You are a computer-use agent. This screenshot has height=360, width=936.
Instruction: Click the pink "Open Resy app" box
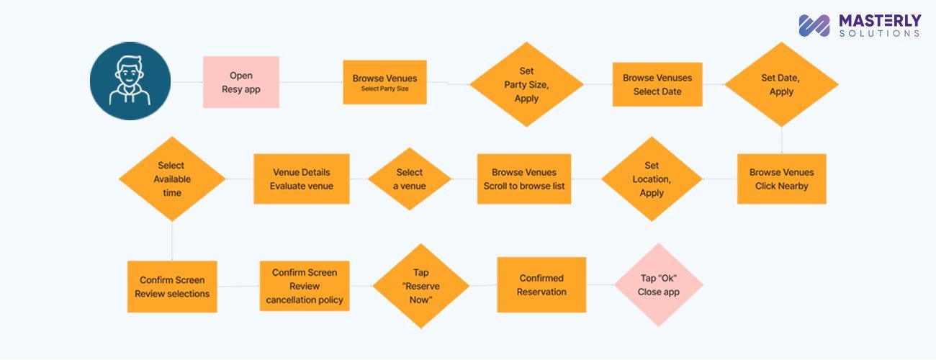(x=240, y=82)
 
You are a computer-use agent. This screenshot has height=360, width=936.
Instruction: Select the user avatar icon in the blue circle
(x=130, y=80)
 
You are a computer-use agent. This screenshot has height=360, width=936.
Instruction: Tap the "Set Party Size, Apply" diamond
(x=526, y=85)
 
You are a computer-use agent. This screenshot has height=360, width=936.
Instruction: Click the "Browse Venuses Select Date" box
(x=657, y=85)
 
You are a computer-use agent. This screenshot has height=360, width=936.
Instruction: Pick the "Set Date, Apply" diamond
(x=781, y=85)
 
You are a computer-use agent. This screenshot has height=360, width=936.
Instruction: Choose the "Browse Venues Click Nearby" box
(x=781, y=179)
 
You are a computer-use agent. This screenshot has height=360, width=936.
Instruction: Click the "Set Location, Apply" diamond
(x=652, y=179)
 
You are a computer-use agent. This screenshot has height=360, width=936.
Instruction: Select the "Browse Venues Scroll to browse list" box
(x=523, y=179)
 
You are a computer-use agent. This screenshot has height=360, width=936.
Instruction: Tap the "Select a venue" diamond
(x=409, y=179)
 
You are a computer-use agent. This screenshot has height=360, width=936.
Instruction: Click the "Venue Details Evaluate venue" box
(x=301, y=179)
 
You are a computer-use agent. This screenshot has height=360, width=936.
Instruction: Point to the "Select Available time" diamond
(x=172, y=179)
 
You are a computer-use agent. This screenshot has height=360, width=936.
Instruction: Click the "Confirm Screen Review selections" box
(x=172, y=287)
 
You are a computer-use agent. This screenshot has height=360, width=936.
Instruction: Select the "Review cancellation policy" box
(x=305, y=286)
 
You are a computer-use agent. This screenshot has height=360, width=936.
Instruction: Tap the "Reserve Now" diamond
(x=420, y=286)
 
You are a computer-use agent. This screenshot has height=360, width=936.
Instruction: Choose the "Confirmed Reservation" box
(x=541, y=285)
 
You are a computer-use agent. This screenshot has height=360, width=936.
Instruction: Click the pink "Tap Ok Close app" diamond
(x=658, y=286)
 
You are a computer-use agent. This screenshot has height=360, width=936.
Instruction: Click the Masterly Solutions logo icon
(x=814, y=25)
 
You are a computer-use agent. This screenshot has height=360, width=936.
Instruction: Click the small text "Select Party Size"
(x=384, y=89)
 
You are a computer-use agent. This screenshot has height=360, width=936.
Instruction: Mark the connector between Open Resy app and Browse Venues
(x=310, y=82)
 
